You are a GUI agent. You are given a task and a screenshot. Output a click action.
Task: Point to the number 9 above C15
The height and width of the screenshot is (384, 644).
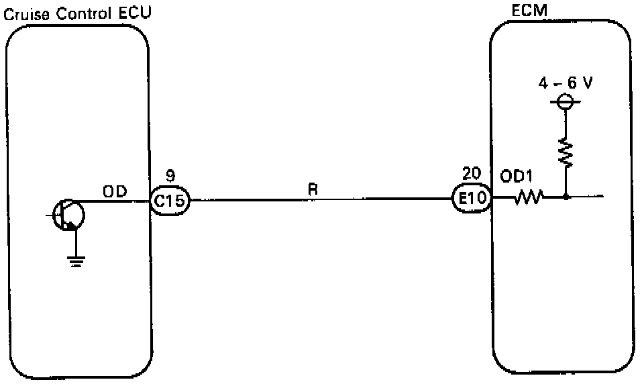[170, 177]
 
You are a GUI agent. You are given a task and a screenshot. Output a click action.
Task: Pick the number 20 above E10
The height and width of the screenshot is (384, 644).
[471, 173]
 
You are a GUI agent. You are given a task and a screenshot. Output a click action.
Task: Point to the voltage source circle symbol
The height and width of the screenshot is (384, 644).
[565, 102]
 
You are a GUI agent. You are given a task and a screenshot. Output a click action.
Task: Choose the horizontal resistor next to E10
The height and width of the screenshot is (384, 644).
[528, 198]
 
